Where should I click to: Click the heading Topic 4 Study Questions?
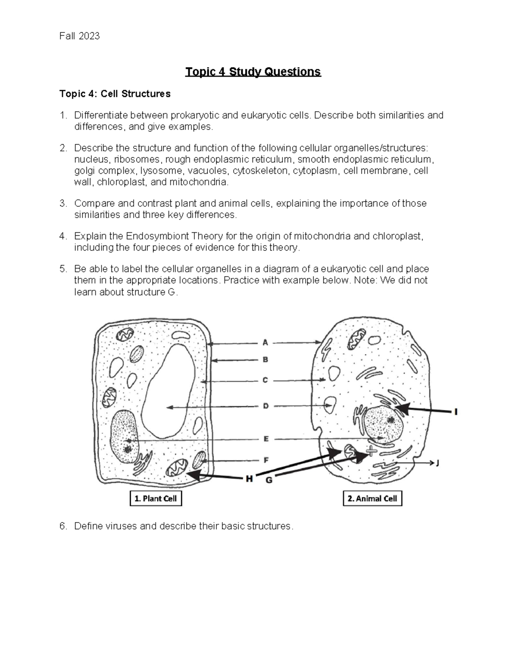(253, 72)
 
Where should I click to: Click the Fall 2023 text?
(80, 36)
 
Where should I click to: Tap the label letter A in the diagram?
(265, 342)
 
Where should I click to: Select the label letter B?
(265, 360)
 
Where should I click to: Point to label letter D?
(266, 406)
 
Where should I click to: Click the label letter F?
(266, 460)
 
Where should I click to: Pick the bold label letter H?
(249, 479)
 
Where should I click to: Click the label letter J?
(437, 463)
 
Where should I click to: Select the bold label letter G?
(269, 480)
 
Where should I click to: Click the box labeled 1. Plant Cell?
(156, 499)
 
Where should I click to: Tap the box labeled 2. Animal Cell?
(372, 499)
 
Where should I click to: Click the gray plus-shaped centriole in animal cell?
(371, 451)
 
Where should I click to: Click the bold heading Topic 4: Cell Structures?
(115, 94)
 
